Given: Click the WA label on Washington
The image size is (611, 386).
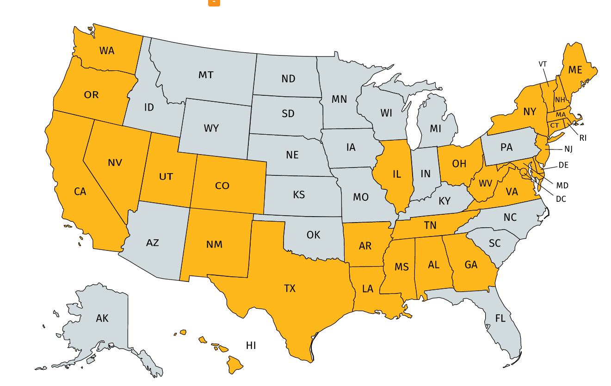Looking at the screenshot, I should point(106,50).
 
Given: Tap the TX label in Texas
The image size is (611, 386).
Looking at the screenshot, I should point(290,289).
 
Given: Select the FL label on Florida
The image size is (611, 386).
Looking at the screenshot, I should point(500,318).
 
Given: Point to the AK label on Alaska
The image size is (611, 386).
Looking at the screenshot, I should point(102,318).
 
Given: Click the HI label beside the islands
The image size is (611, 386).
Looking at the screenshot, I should point(251,345).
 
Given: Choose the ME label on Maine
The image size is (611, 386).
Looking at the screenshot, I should point(575,70).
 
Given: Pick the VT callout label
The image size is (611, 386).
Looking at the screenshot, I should point(543,64).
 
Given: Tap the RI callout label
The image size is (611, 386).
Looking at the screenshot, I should point(582,138).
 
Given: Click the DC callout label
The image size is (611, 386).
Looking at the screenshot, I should point(561,199).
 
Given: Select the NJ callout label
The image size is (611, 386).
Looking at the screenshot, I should point(568,149).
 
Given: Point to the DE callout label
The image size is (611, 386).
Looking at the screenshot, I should point(563,165).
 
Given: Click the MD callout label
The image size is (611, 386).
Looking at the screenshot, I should point(562,186).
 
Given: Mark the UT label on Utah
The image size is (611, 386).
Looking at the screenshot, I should point(166,176).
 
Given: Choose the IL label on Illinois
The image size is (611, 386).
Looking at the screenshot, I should point(396,174).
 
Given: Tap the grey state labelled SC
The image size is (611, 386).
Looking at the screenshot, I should point(494,243).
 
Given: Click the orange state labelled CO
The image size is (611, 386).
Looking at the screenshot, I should point(222,186).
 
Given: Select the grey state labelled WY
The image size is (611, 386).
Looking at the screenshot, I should point(211,128).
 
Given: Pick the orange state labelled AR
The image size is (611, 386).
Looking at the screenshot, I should point(365,246).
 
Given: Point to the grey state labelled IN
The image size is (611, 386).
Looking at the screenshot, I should point(425,174).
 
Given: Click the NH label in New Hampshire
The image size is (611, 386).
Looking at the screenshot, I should point(560,100).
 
